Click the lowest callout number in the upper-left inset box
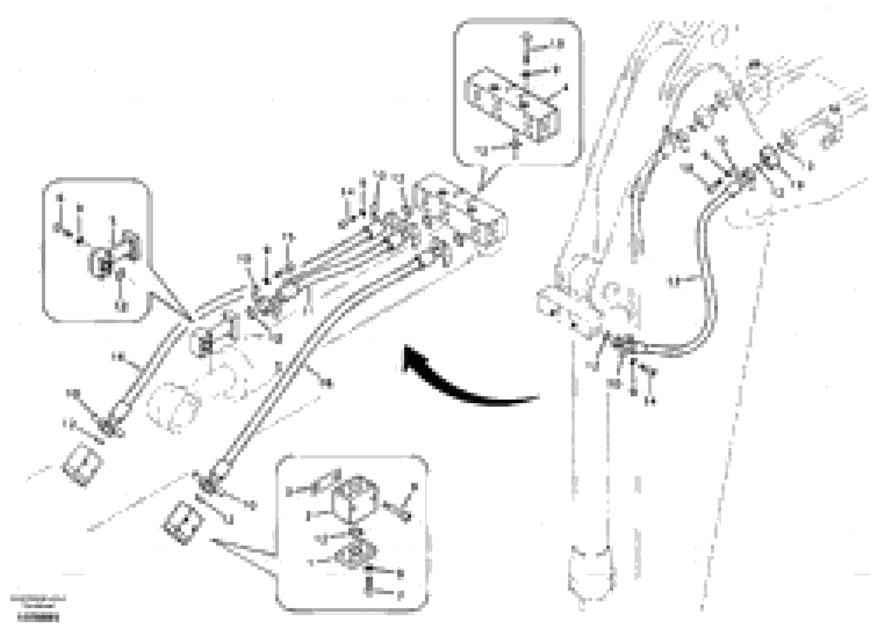coord(122,307)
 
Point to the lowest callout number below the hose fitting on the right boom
coord(652,401)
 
